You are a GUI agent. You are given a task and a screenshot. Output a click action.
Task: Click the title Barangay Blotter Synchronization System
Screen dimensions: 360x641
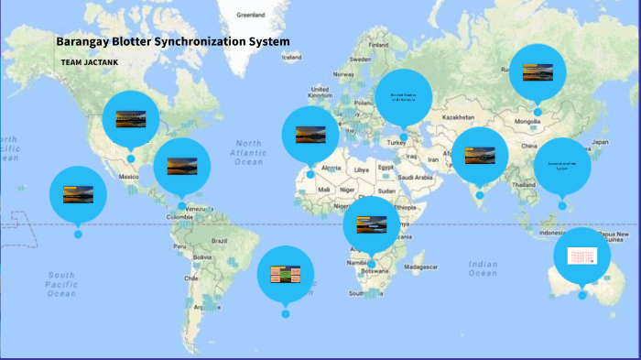[x=173, y=42]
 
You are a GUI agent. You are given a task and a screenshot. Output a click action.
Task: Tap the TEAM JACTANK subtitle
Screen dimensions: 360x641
[x=89, y=62]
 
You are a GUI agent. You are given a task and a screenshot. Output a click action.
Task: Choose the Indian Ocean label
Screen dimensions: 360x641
[x=483, y=268]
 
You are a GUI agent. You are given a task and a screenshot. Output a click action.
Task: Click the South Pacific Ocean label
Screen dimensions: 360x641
[x=61, y=284]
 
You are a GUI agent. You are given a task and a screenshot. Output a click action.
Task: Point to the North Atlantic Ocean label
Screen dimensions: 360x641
[x=248, y=152]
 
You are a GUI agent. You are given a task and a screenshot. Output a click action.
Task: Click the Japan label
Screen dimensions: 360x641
[x=601, y=143]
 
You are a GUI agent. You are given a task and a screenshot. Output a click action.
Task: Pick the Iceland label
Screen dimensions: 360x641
[x=291, y=57]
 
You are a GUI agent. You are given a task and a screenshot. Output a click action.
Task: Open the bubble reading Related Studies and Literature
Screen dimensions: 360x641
[x=403, y=96]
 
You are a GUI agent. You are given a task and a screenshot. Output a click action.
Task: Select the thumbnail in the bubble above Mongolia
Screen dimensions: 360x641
[x=538, y=72]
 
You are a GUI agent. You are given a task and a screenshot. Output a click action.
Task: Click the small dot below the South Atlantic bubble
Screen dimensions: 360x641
[x=286, y=314]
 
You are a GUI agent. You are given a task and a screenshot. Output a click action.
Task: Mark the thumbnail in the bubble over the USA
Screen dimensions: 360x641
[x=131, y=118]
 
